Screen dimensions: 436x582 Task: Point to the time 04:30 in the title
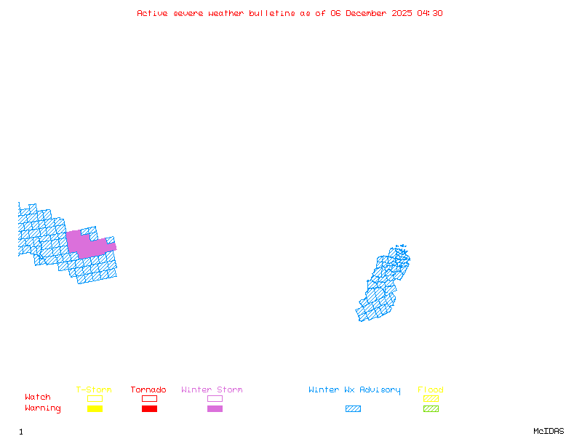tap(430, 13)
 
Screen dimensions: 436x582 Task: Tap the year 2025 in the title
tap(404, 13)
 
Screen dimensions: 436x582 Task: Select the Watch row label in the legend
tap(38, 397)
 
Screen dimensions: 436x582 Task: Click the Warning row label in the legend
tap(43, 408)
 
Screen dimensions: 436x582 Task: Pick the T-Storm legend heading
tap(94, 389)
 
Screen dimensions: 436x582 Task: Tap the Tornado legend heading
tap(148, 389)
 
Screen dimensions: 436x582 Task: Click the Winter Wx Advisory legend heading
tap(354, 389)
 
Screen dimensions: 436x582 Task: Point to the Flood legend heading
tap(431, 389)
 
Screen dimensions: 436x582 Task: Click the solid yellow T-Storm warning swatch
tap(95, 408)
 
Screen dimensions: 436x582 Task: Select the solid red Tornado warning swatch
tap(149, 408)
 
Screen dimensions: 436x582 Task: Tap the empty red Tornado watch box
tap(149, 398)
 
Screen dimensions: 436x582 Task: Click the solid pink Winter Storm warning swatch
tap(215, 408)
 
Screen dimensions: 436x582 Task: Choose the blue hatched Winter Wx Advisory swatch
tap(353, 408)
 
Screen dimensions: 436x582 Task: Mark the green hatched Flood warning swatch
tap(431, 408)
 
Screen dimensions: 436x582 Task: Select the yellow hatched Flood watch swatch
tap(431, 398)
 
